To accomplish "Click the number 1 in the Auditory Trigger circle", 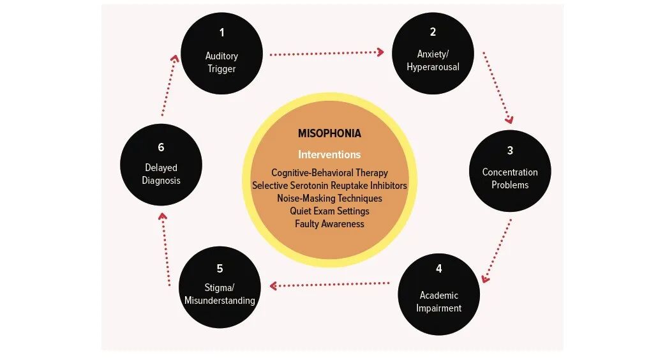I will (x=221, y=33).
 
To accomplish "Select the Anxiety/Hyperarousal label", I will (x=433, y=61).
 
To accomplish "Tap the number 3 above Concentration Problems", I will (x=510, y=151).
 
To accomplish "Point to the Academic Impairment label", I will (x=438, y=302).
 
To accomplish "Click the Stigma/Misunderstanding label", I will (x=220, y=294).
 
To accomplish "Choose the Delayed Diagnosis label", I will (x=161, y=174).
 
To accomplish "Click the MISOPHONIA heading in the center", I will (x=329, y=133).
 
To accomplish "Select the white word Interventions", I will (x=329, y=154).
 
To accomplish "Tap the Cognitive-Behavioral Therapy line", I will (x=329, y=173).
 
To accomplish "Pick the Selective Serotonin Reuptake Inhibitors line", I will (x=329, y=186).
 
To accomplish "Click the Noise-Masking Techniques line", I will (x=329, y=199).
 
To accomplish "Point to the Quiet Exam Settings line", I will (x=329, y=211).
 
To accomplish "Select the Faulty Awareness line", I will (x=329, y=224).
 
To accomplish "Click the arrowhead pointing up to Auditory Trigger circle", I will (x=175, y=59).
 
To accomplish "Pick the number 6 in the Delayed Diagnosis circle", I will (x=161, y=147).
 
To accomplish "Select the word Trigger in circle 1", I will (x=221, y=69).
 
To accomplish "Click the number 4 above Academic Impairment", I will (x=438, y=269).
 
